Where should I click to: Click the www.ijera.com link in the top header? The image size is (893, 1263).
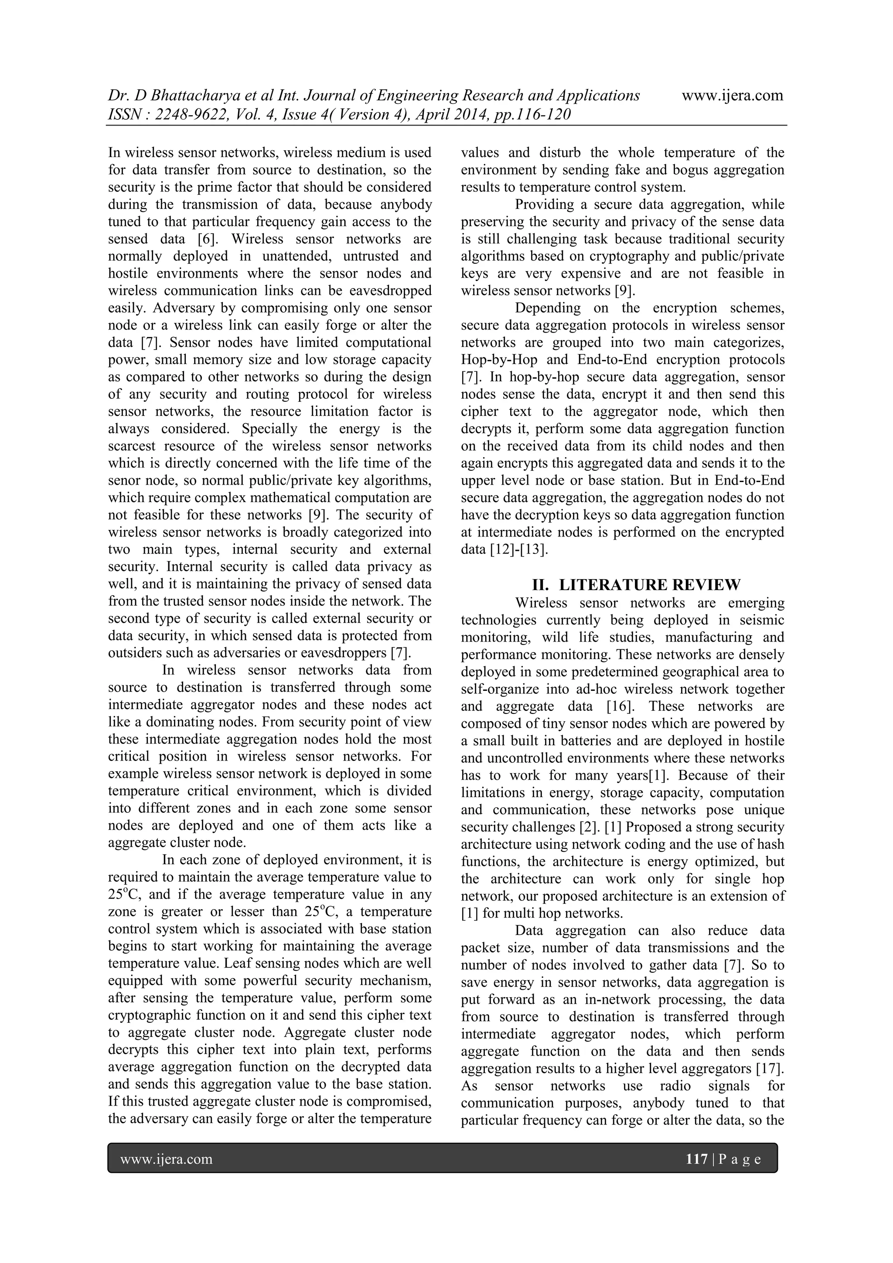click(x=732, y=96)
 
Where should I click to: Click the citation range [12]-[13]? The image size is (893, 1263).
click(x=518, y=549)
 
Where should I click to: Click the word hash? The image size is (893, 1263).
click(x=770, y=844)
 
